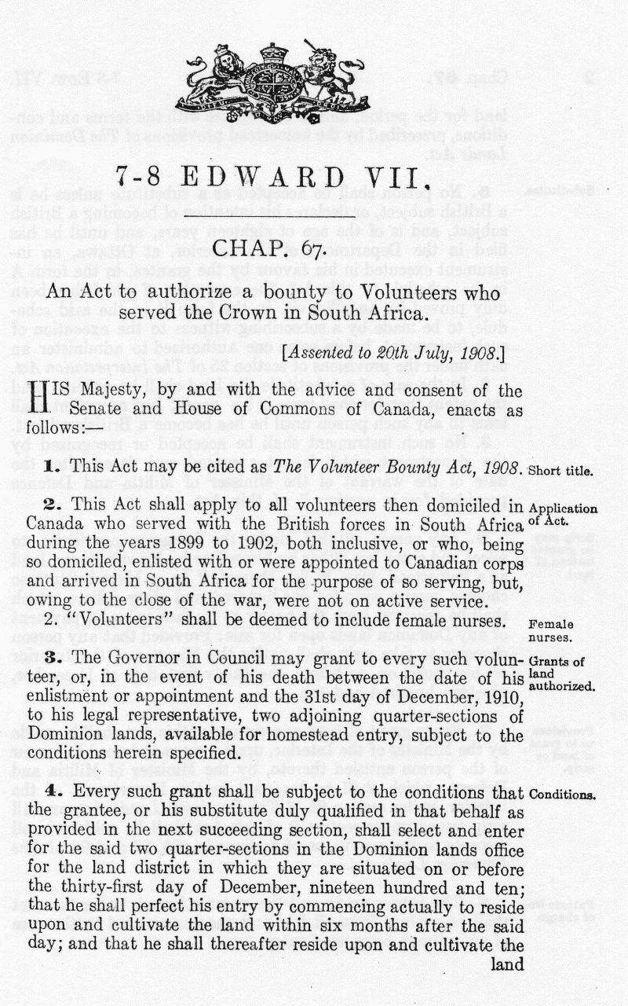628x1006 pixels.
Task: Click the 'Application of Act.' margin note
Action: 563,515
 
